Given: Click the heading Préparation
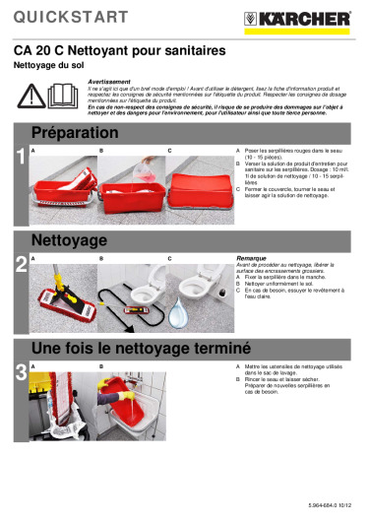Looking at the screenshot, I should [x=75, y=132].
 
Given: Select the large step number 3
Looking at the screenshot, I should [x=21, y=371].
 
